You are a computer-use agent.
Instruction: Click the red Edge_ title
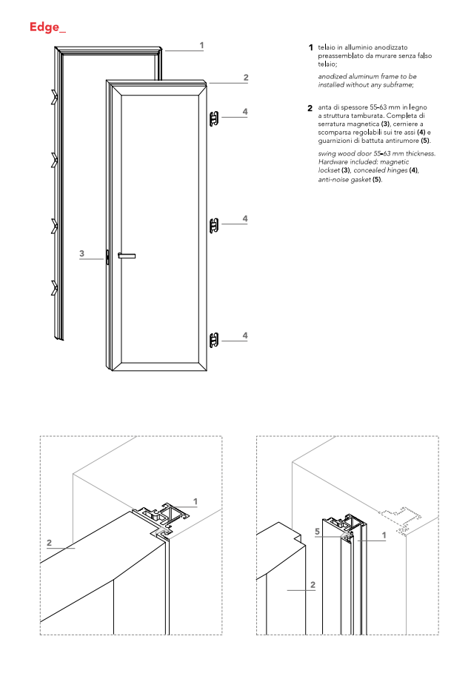point(47,28)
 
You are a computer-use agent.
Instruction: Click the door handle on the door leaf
point(127,255)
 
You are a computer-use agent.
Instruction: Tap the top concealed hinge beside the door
point(214,118)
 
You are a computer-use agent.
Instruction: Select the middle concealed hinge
point(214,224)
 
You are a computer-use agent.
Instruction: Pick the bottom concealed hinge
point(214,340)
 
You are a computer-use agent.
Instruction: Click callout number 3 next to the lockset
point(82,253)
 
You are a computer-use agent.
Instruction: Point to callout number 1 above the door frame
point(201,45)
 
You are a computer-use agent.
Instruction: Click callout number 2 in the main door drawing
point(245,78)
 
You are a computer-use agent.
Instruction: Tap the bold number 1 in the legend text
point(311,48)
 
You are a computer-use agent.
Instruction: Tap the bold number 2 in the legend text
point(311,109)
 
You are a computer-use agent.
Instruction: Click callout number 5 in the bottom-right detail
point(316,532)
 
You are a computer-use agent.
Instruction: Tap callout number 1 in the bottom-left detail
point(196,501)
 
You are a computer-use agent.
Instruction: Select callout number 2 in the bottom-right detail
point(313,585)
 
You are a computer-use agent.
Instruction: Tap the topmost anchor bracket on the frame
point(54,96)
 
